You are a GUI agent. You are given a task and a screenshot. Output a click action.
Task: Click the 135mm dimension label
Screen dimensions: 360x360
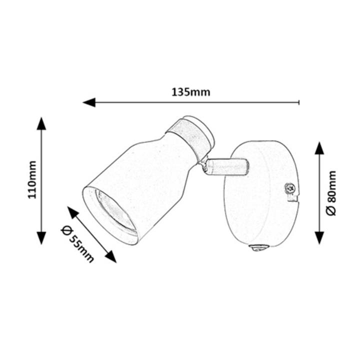pos(191,92)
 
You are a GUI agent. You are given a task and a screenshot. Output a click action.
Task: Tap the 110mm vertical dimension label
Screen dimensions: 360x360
pos(32,180)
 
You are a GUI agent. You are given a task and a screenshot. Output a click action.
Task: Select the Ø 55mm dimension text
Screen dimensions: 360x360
pos(77,244)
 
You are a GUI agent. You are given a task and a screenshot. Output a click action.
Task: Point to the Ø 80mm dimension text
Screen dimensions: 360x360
pos(331,193)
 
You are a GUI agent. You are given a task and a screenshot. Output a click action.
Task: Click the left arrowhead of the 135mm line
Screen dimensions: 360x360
pos(89,102)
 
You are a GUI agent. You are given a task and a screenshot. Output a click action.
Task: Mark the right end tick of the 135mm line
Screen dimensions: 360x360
pos(299,102)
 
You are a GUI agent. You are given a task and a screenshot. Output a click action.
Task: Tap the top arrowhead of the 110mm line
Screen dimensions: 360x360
pos(41,123)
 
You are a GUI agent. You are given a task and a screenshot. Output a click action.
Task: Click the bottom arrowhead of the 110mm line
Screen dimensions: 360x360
pos(41,238)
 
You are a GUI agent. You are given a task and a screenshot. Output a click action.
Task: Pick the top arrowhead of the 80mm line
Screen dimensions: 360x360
pos(319,148)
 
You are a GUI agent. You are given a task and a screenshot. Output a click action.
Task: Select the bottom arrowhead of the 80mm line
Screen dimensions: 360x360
pos(319,238)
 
